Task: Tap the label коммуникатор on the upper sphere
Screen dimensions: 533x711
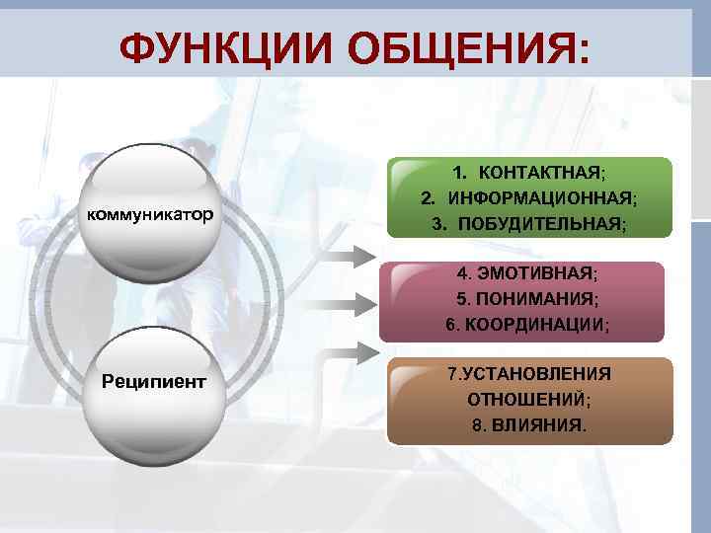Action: coord(150,214)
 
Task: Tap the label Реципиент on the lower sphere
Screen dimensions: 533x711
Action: coord(154,381)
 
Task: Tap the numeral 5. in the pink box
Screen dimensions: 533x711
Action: coord(462,298)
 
